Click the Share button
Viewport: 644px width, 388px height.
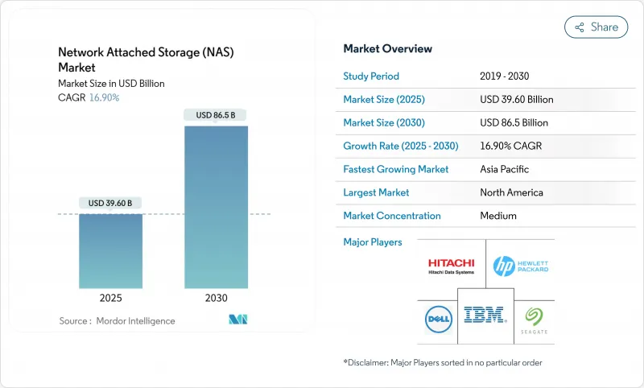(x=597, y=27)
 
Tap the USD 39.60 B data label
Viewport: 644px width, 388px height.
(x=110, y=202)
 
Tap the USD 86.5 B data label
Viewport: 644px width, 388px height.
(x=215, y=115)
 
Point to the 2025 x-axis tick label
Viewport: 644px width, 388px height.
(x=110, y=298)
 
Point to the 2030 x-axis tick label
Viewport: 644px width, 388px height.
(x=215, y=298)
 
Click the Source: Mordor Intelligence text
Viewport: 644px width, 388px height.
(x=117, y=320)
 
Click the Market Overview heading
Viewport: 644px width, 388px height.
(x=387, y=49)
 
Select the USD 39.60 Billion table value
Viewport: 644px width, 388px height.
(x=516, y=100)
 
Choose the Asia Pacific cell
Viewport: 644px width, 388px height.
(x=506, y=169)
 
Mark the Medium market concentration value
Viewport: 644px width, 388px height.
(x=497, y=216)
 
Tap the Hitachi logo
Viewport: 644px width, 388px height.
(x=451, y=266)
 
